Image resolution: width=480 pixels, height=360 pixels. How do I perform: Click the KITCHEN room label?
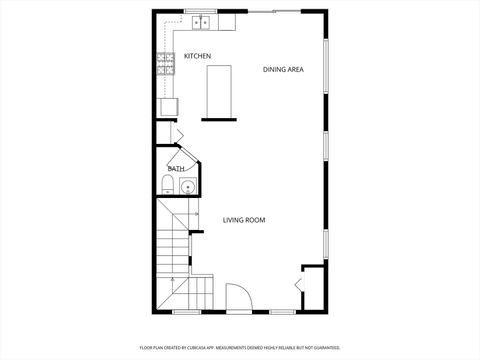coord(196,56)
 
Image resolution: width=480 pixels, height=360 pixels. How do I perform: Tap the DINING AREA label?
coord(283,69)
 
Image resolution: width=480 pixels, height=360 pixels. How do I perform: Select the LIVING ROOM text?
coord(244,220)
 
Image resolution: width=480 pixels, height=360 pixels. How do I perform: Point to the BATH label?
coord(175,169)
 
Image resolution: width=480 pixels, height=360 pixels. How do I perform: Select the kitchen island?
coord(218,90)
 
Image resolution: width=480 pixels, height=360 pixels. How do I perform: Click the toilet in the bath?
coord(166,183)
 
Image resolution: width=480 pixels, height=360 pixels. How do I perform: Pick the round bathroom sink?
coord(187,187)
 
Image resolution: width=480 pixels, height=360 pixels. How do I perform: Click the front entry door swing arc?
coord(239,297)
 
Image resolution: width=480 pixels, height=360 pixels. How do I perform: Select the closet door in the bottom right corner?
coord(300,287)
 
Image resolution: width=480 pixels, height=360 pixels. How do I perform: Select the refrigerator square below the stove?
coord(166,104)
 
